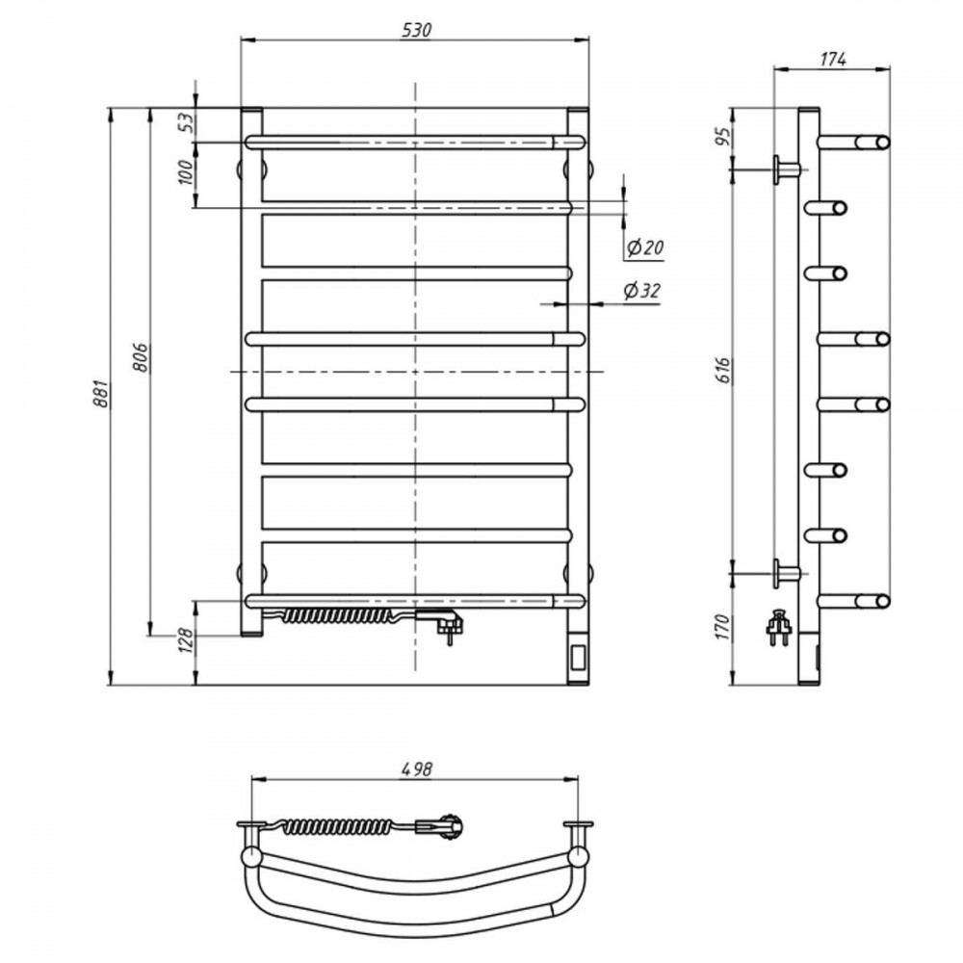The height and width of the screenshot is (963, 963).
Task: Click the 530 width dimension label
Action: click(x=417, y=30)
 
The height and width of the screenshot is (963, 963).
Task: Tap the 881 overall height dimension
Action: click(x=100, y=394)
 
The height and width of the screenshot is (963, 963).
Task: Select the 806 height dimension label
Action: click(x=140, y=357)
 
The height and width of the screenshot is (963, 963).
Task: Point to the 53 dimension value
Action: click(x=187, y=123)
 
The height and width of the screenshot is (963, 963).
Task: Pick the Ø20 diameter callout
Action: click(x=644, y=247)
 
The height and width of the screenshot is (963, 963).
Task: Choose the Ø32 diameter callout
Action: click(x=641, y=291)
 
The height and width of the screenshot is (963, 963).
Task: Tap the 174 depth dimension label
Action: click(x=833, y=59)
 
